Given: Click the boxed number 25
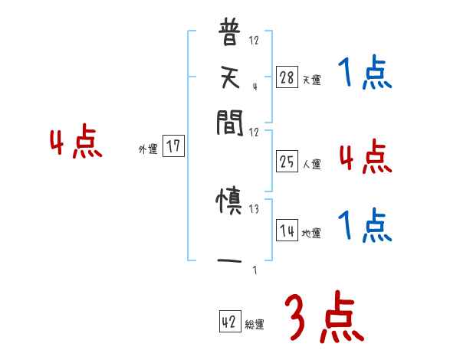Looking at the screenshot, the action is pos(287,162).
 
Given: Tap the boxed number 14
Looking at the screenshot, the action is pos(287,230).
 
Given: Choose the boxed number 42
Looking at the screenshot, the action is pos(229,322).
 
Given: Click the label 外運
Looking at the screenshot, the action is pos(148,149).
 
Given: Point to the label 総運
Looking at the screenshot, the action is pos(255,325).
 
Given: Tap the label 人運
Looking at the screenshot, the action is pos(312,164).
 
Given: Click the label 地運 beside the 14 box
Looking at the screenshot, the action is pos(312,233).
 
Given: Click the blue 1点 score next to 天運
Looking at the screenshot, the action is pos(364,74).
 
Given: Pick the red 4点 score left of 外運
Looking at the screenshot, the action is pos(75,143).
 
